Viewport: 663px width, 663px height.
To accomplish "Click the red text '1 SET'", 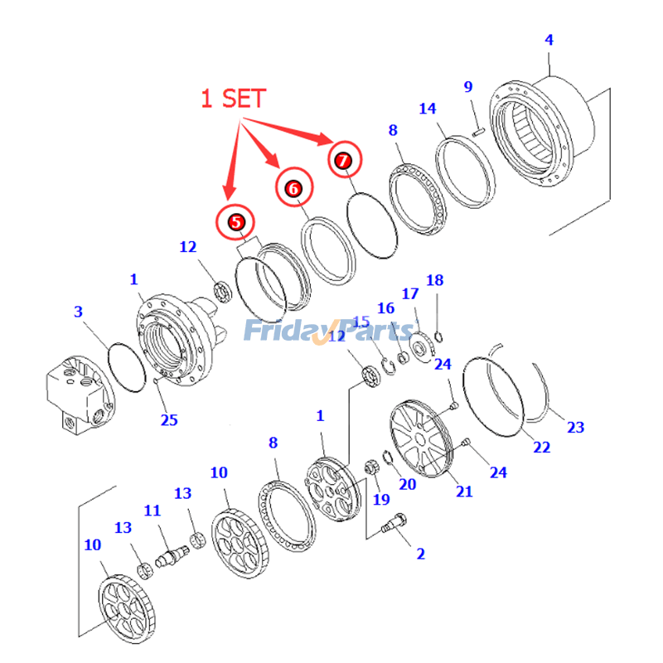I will tap(234, 99).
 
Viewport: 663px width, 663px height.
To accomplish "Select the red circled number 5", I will tap(236, 221).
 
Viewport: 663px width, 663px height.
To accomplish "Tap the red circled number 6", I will tap(293, 188).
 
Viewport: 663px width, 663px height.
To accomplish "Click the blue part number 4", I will tap(549, 39).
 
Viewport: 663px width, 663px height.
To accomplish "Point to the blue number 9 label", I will tap(467, 86).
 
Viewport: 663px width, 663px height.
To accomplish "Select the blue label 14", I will tap(427, 109).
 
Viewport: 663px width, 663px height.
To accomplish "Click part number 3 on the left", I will tap(78, 312).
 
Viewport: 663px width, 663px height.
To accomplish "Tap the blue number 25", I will tap(169, 419).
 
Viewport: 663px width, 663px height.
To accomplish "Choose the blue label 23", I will tap(574, 428).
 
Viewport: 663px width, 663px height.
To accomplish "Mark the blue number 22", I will tap(541, 447).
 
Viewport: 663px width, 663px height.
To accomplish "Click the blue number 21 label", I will tap(464, 491).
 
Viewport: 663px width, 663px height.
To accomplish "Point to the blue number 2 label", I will tap(421, 553).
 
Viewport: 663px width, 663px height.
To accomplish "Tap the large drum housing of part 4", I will tap(543, 133).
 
